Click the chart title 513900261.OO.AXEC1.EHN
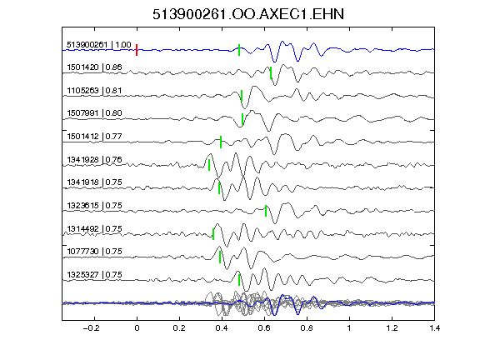(248, 14)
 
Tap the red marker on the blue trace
(137, 50)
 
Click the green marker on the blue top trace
(239, 50)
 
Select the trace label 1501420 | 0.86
(94, 67)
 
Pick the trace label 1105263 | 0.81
(94, 91)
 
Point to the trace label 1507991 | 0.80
(94, 113)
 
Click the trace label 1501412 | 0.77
(94, 136)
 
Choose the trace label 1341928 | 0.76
(94, 160)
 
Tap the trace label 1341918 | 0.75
(94, 182)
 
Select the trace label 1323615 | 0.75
(94, 205)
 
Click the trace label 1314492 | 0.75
(94, 229)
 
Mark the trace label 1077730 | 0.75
(94, 252)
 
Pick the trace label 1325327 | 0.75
(94, 275)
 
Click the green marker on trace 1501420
(271, 72)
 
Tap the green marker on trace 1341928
(209, 165)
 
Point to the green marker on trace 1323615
(266, 211)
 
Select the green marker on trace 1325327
(239, 280)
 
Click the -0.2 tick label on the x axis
(91, 328)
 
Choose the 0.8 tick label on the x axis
(307, 328)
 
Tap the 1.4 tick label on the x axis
(435, 328)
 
